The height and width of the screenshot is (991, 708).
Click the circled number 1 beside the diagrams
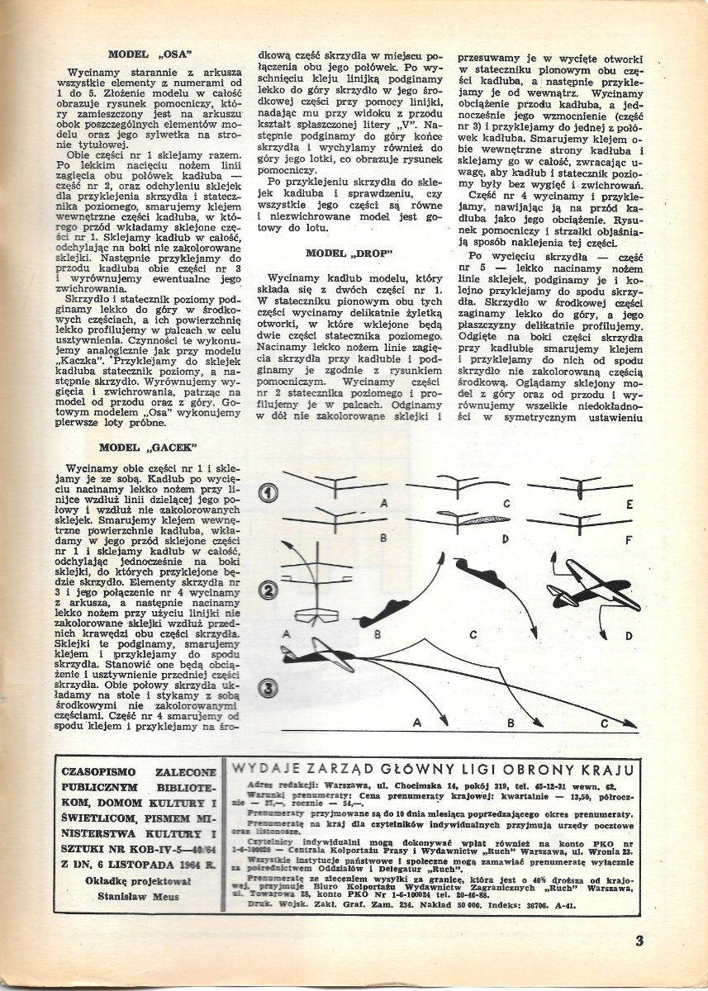pyautogui.click(x=269, y=493)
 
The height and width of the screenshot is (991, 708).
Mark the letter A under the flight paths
pyautogui.click(x=417, y=723)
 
